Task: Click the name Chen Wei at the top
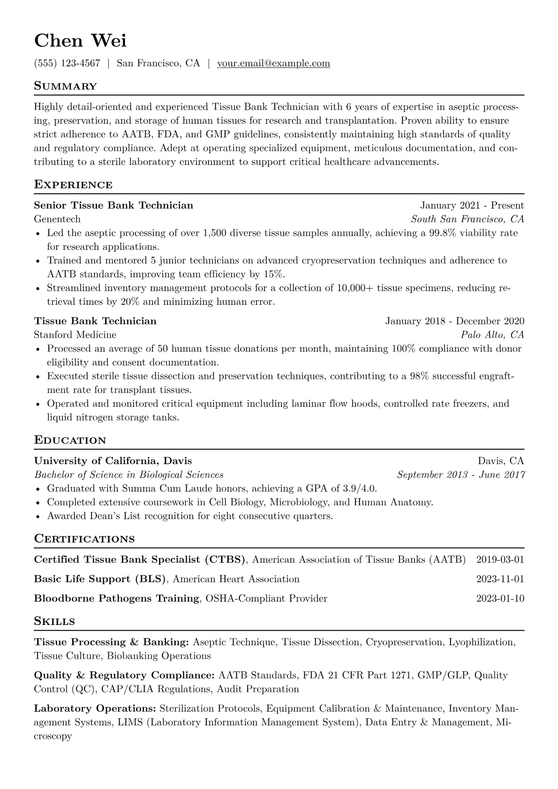pyautogui.click(x=80, y=41)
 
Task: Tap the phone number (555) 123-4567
pyautogui.click(x=67, y=63)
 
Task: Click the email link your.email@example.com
pyautogui.click(x=273, y=63)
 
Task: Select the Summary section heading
pyautogui.click(x=66, y=86)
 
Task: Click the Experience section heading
pyautogui.click(x=73, y=185)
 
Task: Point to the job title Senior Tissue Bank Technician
pyautogui.click(x=113, y=205)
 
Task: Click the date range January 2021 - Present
pyautogui.click(x=472, y=205)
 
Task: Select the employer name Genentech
pyautogui.click(x=57, y=219)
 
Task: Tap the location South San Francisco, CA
pyautogui.click(x=467, y=219)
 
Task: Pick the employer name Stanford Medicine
pyautogui.click(x=75, y=335)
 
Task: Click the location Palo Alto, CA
pyautogui.click(x=492, y=335)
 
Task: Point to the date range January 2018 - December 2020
pyautogui.click(x=454, y=321)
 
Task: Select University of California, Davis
pyautogui.click(x=113, y=461)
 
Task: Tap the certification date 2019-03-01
pyautogui.click(x=500, y=559)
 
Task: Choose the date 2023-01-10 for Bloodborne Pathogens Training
pyautogui.click(x=500, y=599)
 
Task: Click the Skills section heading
pyautogui.click(x=54, y=622)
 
